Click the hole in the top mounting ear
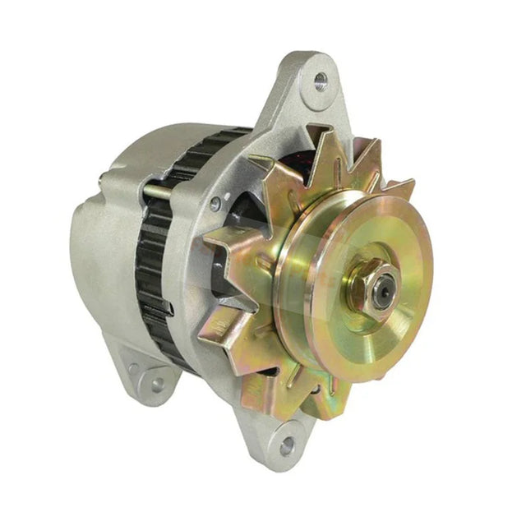(x=320, y=81)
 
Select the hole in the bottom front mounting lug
(x=286, y=446)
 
